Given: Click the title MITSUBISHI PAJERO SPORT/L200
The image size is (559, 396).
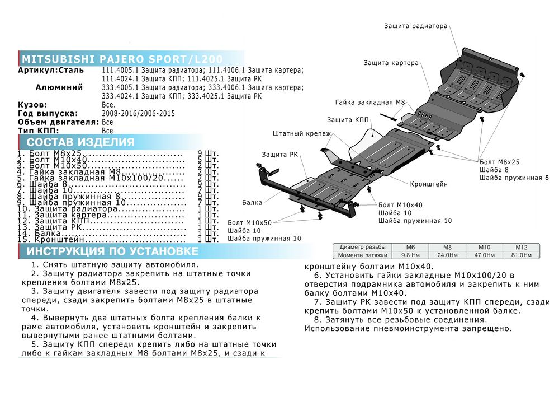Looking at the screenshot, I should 122,59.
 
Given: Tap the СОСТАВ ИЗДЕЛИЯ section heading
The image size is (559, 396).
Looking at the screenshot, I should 80,142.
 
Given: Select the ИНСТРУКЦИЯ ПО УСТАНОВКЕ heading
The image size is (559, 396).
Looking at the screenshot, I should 112,250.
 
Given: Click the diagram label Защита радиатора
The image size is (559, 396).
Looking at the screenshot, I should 416,26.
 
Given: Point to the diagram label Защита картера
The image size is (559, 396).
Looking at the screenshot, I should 391,63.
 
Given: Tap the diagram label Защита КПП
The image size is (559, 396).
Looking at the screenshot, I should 348,120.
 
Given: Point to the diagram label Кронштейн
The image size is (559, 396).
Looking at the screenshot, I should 429,184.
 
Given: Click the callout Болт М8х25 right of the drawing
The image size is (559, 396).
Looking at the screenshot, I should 499,161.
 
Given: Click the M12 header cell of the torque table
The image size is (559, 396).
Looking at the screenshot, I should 521,247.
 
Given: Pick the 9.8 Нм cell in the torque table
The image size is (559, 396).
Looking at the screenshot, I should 411,255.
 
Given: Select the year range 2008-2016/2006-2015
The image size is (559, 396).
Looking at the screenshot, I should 139,114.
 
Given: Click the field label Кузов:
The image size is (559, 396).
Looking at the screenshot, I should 32,105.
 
